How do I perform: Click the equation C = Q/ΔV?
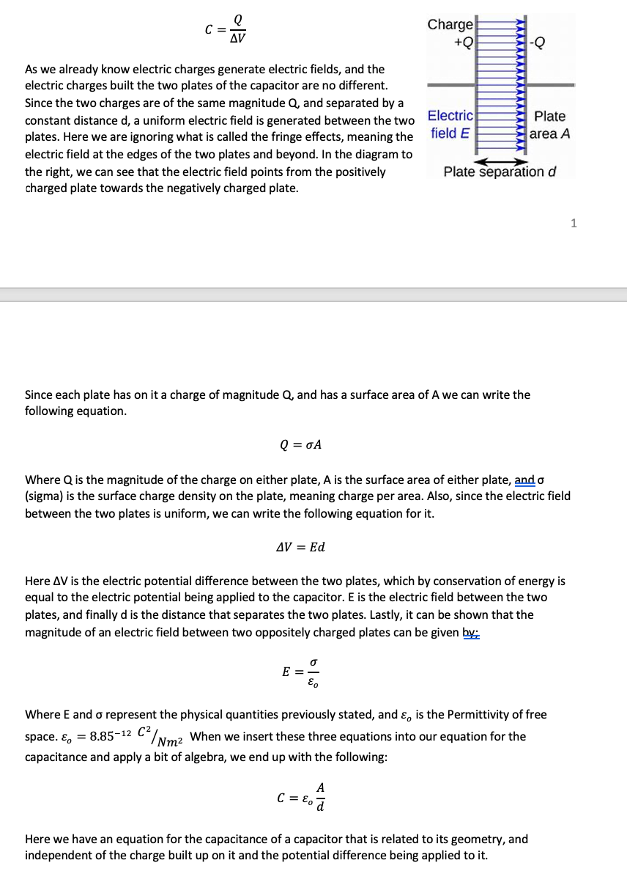point(224,29)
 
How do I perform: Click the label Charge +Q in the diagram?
point(450,33)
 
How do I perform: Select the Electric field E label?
point(450,124)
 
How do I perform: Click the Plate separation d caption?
point(500,172)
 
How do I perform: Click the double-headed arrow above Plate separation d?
point(501,161)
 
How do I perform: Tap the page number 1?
point(574,224)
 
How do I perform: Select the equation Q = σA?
point(301,445)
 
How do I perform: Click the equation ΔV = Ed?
point(300,547)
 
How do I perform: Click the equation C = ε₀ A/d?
point(300,798)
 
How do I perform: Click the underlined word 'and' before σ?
point(524,480)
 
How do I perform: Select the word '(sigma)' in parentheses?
point(45,496)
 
